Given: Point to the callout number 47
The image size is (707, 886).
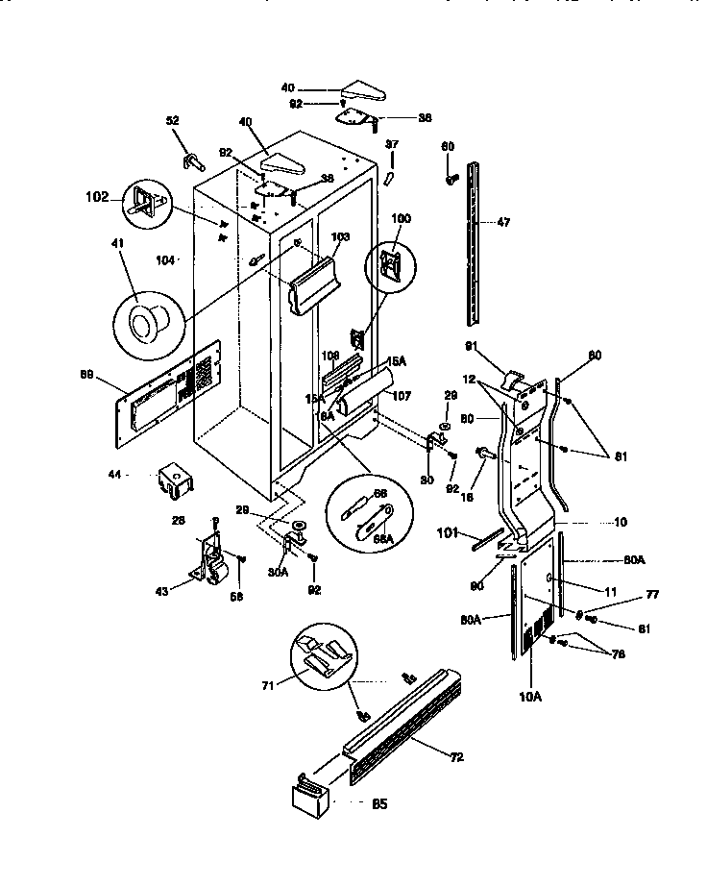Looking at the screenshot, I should click(504, 222).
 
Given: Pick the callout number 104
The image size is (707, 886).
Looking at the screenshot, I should click(165, 260).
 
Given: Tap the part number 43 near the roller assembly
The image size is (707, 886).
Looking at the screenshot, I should click(164, 591).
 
